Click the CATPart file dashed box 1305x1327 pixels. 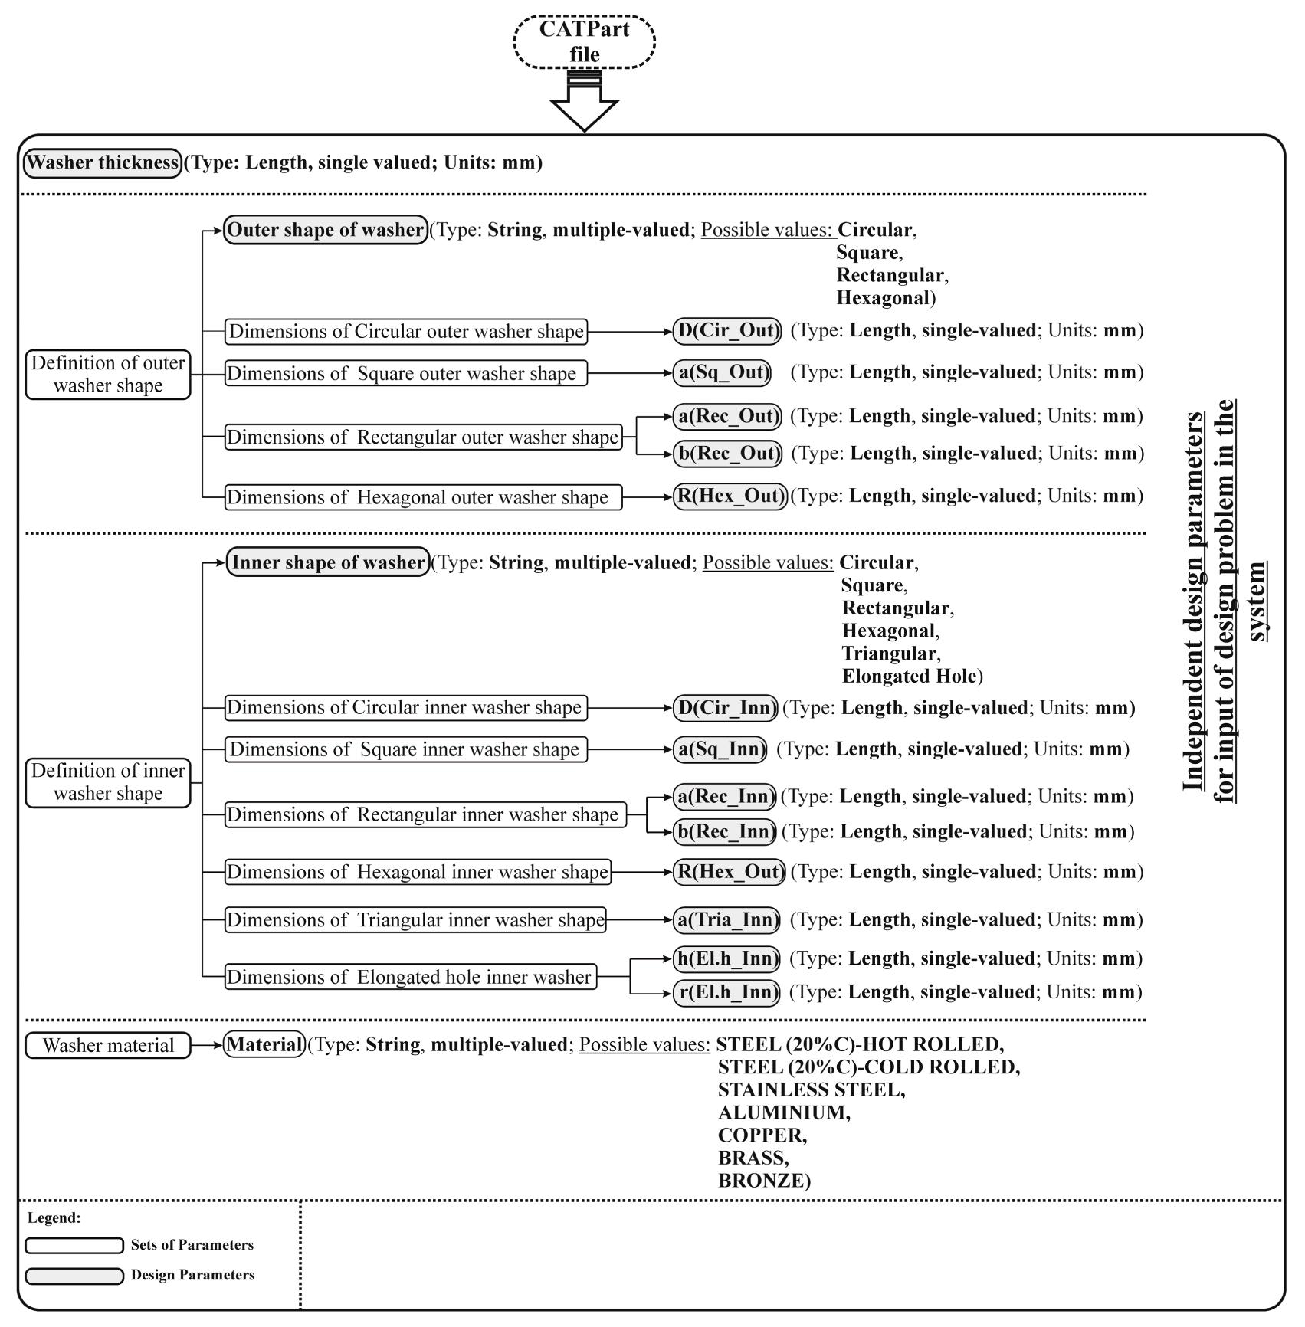(x=584, y=41)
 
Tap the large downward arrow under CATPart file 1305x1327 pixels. (x=584, y=107)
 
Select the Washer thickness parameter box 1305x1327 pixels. (x=103, y=163)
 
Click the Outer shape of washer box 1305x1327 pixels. (x=326, y=230)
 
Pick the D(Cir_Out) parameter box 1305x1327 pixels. (x=727, y=331)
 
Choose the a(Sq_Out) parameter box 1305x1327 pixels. (x=722, y=372)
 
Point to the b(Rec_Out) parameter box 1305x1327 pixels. (x=727, y=454)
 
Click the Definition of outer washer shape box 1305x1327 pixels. (x=108, y=375)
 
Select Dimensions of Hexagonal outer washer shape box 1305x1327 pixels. (x=422, y=497)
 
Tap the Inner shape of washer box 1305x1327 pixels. (x=328, y=563)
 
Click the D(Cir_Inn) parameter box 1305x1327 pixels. (x=725, y=708)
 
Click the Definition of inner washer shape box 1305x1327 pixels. (x=108, y=782)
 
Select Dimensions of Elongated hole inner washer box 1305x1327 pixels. (x=410, y=978)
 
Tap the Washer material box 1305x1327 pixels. (x=108, y=1046)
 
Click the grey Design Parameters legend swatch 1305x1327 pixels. (x=74, y=1276)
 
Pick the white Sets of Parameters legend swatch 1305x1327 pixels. (x=74, y=1246)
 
